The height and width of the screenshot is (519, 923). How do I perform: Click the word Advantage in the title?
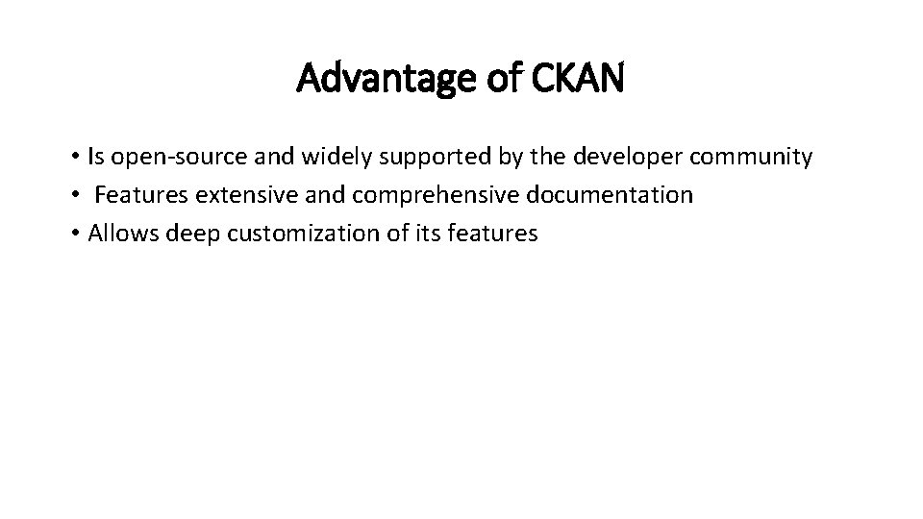tap(380, 79)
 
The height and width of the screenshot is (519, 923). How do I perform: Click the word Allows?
tap(124, 234)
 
